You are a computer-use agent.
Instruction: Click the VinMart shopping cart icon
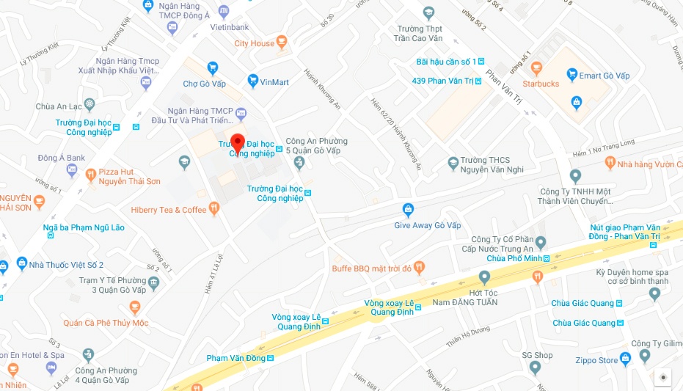tap(253, 81)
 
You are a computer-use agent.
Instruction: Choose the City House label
tap(254, 43)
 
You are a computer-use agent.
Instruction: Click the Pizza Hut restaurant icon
tap(91, 175)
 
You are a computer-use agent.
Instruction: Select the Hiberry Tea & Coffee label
tap(169, 210)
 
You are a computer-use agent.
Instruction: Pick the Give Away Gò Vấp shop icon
tap(408, 210)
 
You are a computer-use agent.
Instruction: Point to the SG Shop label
tap(537, 355)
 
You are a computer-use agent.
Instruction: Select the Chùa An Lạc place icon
tap(90, 105)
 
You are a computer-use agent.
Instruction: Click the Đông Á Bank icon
tap(71, 170)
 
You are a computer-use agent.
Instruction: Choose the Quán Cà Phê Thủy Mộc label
tap(106, 323)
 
